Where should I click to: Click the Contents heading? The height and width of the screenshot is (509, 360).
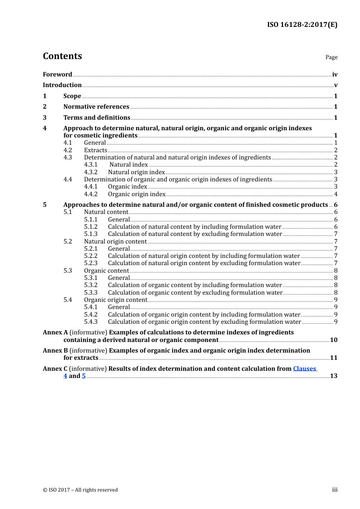[x=62, y=56]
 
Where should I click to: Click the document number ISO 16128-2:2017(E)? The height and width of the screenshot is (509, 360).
[x=302, y=25]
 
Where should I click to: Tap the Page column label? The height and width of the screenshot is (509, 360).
[x=331, y=57]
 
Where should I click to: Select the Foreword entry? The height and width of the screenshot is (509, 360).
[x=57, y=74]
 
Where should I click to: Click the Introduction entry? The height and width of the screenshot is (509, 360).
[x=62, y=85]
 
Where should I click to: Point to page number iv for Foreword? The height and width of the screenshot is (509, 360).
[x=335, y=74]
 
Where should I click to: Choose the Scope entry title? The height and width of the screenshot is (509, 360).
[x=72, y=96]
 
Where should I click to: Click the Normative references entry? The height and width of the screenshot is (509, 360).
[x=96, y=106]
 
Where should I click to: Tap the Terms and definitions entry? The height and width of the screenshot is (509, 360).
[x=97, y=117]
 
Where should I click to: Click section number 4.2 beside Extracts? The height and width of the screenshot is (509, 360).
[x=67, y=150]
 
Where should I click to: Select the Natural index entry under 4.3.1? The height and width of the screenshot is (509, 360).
[x=129, y=164]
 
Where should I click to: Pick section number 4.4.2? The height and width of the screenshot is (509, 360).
[x=91, y=194]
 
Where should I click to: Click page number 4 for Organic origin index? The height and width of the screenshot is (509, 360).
[x=336, y=194]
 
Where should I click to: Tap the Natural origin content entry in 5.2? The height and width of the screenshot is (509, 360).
[x=115, y=241]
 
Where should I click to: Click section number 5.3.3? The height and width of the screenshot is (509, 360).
[x=91, y=292]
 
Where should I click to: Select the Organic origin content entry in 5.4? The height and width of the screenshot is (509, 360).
[x=116, y=300]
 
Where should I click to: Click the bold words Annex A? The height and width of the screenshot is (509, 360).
[x=55, y=332]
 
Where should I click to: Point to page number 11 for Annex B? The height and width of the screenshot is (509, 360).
[x=333, y=358]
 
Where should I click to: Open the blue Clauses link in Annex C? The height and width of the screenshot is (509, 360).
[x=305, y=368]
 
